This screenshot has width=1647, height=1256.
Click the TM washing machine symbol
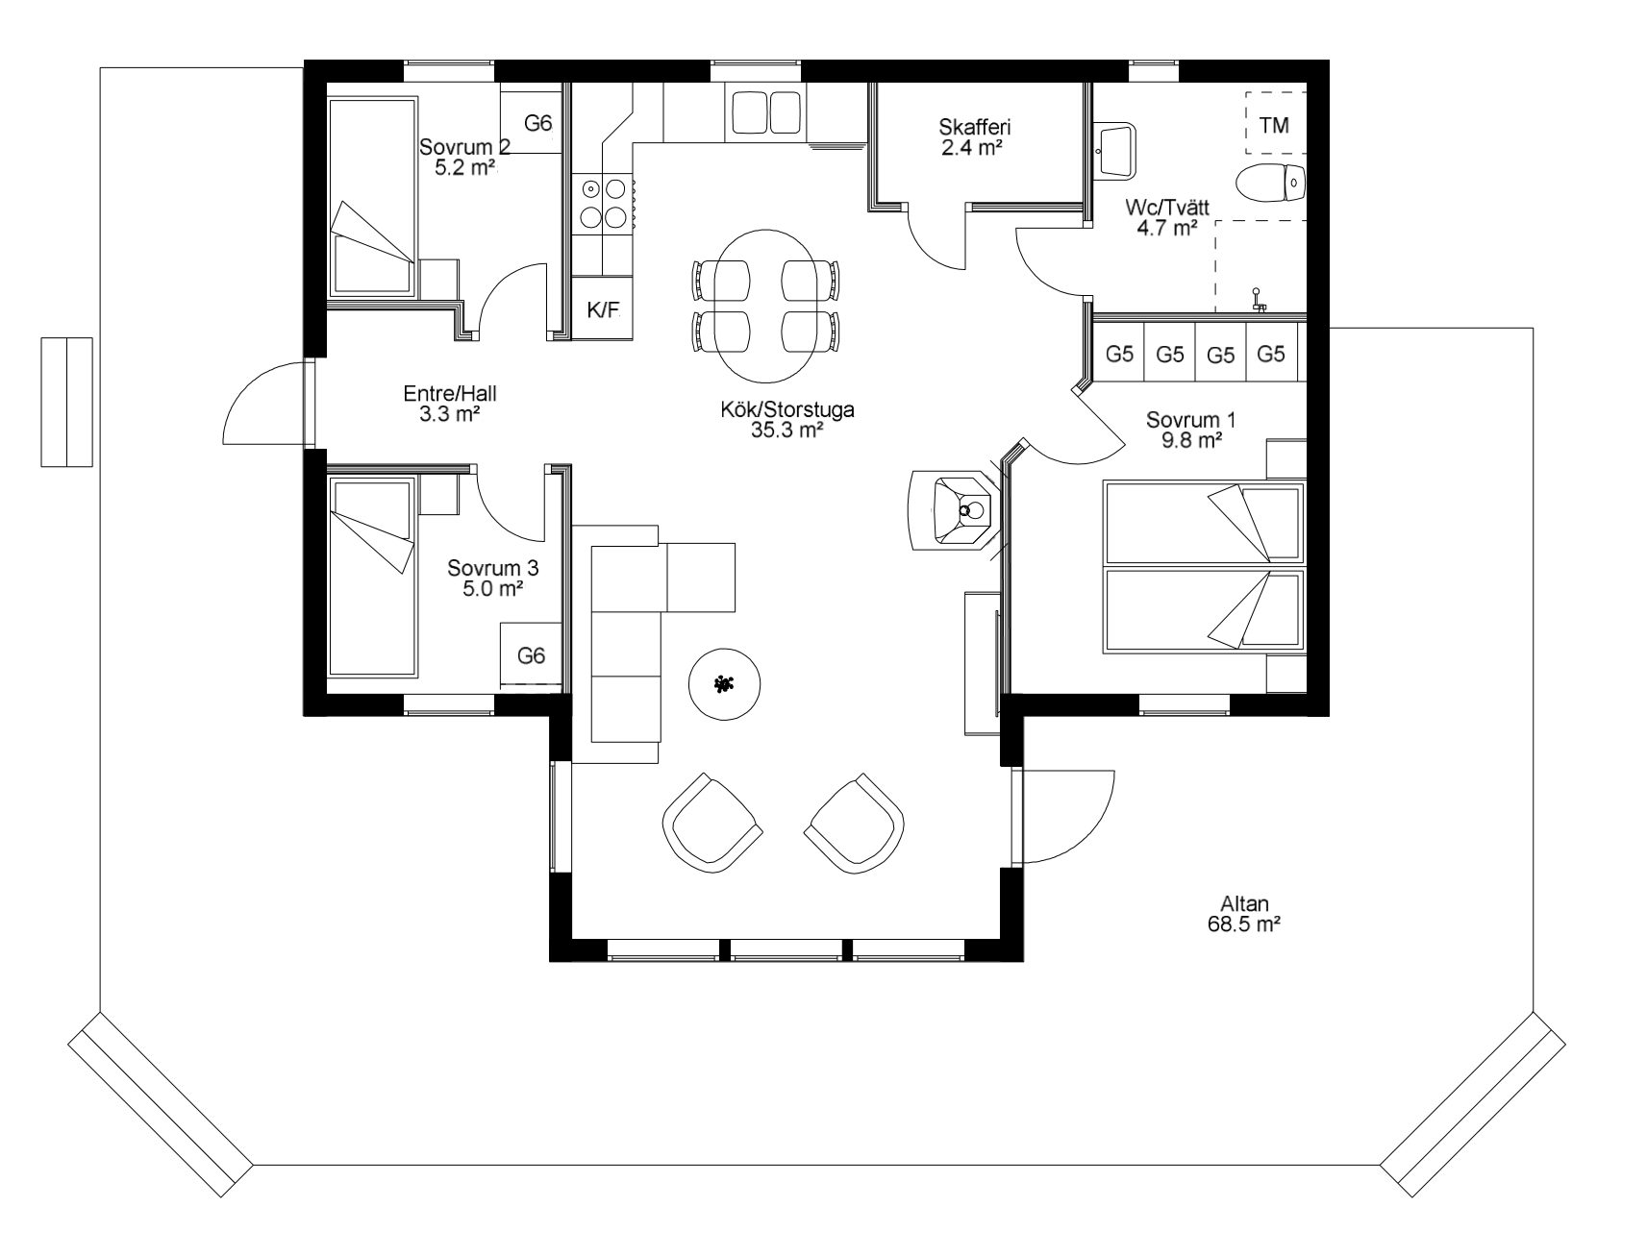pos(1276,124)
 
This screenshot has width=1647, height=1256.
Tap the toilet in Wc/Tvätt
pos(1270,183)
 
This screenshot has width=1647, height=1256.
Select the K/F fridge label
pos(603,308)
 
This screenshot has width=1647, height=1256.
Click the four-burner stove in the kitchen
pos(603,203)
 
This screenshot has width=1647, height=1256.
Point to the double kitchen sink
pos(766,112)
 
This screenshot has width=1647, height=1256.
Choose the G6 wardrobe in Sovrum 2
pos(531,122)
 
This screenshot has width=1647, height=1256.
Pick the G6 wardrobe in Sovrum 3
pos(532,654)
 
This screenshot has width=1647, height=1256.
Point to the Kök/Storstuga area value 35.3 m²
pos(786,431)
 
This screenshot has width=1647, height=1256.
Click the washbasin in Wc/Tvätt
pos(1115,150)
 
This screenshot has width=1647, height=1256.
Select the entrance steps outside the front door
pos(66,402)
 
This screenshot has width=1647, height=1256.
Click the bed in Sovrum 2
pos(373,196)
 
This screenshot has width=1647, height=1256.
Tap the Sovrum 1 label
pos(1190,420)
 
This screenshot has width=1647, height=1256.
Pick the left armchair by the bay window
pos(712,823)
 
